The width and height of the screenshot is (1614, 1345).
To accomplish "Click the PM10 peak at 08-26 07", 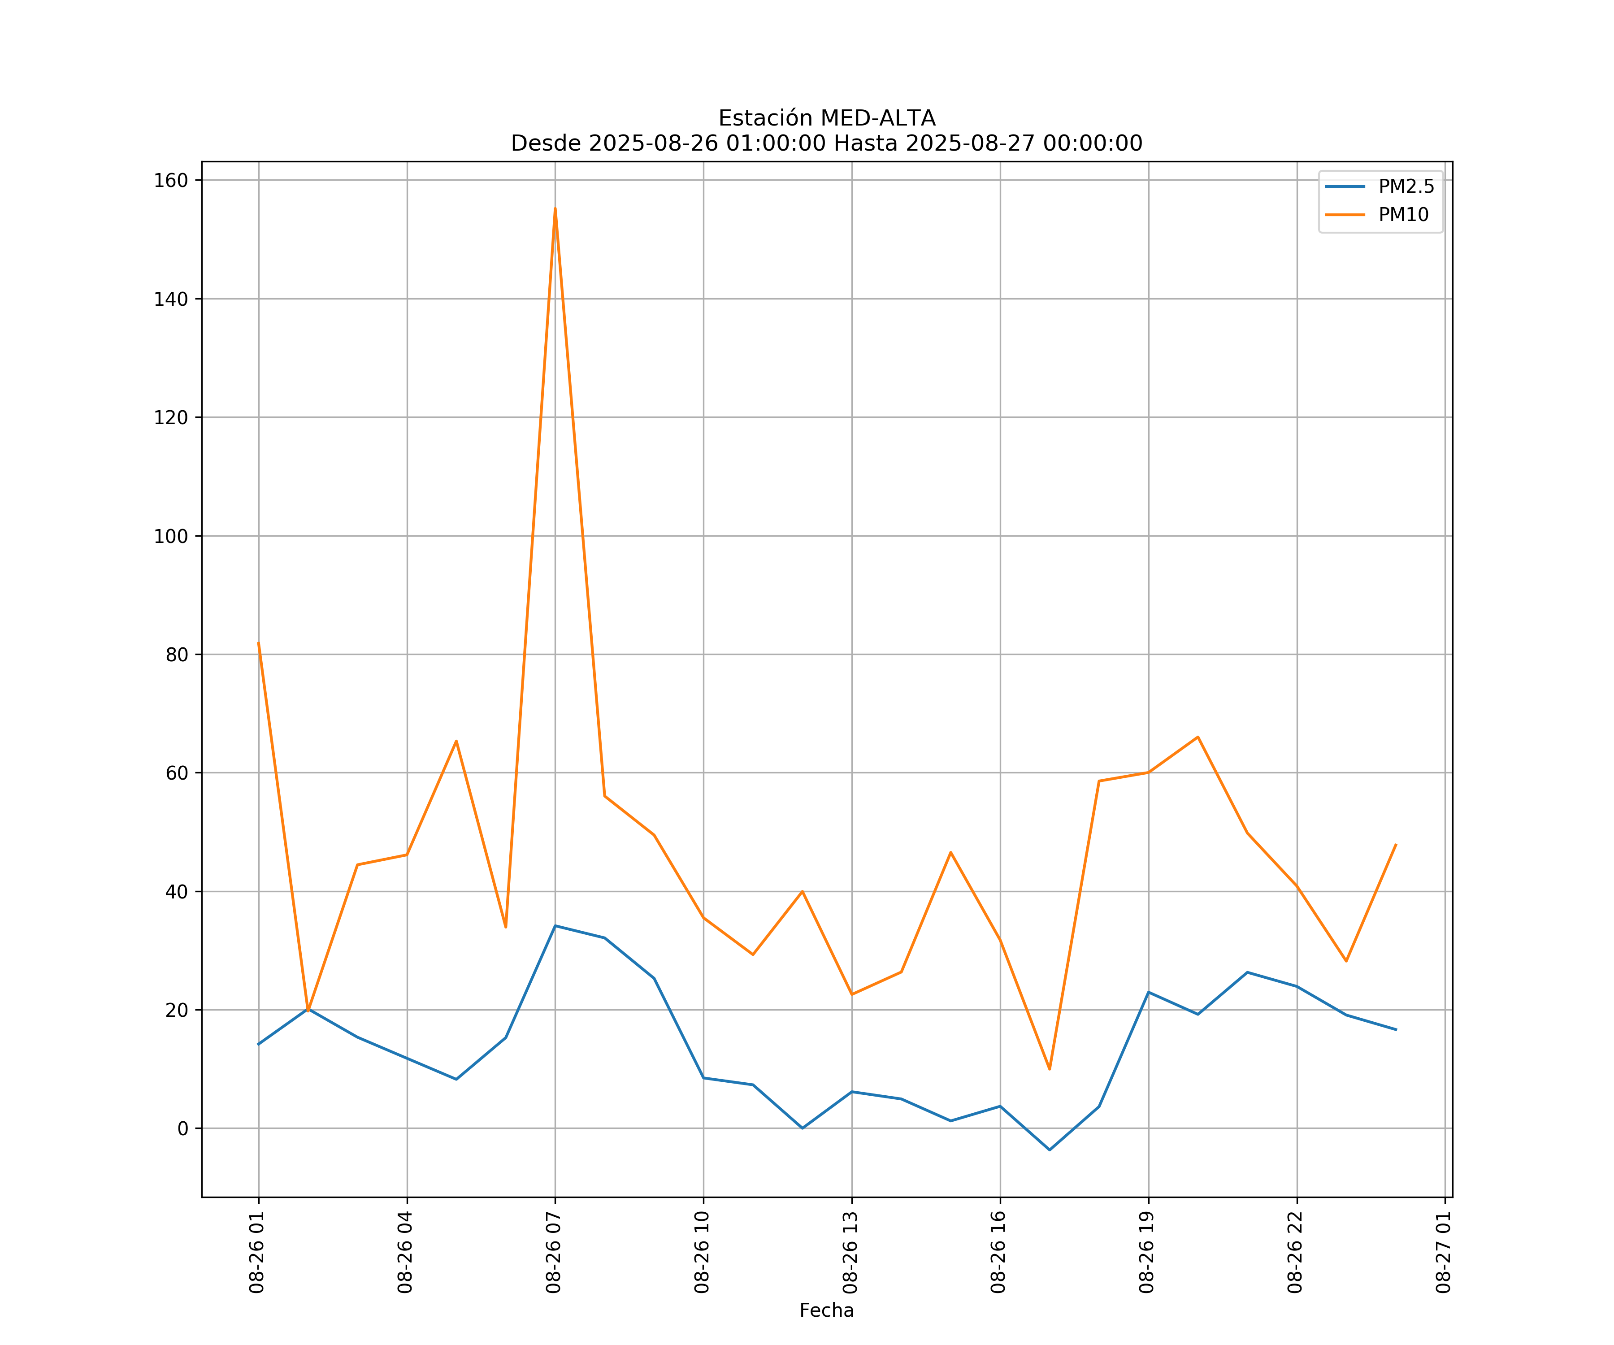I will click(x=555, y=208).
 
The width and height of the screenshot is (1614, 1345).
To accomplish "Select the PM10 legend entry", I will click(x=1403, y=215).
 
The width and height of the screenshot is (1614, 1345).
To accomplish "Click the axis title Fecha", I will click(x=826, y=1310).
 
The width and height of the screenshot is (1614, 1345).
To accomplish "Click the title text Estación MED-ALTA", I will click(x=826, y=118).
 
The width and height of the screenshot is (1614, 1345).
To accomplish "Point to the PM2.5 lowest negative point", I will click(x=1049, y=1150).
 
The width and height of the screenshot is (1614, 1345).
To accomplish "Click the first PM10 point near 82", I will click(x=258, y=642).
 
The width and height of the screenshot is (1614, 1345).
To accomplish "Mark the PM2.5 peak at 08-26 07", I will click(x=555, y=925).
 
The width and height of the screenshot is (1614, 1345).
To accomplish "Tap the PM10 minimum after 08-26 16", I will click(x=1049, y=1069).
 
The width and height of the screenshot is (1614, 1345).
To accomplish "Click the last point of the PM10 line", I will click(x=1396, y=845).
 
